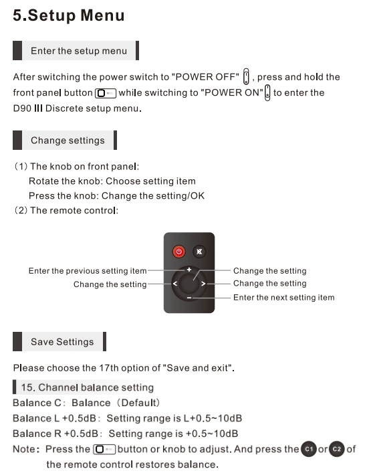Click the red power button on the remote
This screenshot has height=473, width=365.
178,252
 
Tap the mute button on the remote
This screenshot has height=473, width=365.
199,252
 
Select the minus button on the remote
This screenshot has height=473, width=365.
189,298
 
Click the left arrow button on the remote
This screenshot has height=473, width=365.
175,284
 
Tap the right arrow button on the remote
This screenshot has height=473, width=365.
203,284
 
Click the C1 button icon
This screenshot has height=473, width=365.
309,449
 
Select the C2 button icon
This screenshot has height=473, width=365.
336,449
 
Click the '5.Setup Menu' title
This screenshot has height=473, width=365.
69,15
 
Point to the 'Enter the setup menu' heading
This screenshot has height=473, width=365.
79,51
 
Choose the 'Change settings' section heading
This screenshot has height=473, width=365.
68,140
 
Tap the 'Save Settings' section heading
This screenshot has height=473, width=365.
62,342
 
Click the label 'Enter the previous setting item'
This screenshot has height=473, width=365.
88,271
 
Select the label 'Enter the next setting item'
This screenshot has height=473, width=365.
284,298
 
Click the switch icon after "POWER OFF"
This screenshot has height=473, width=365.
246,76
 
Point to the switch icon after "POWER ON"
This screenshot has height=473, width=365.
267,92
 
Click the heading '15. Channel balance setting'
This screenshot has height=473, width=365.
87,387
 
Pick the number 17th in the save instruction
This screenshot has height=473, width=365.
109,368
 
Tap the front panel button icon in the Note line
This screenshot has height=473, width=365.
104,449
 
